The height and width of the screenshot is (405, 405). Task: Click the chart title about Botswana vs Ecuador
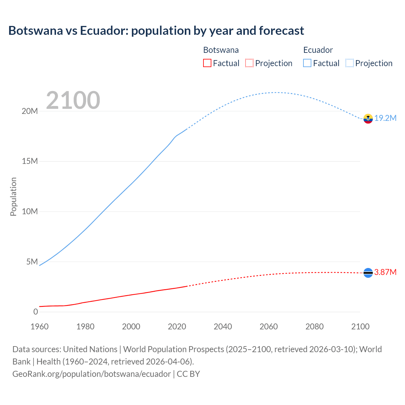[x=156, y=31]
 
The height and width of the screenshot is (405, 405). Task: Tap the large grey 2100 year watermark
[x=73, y=100]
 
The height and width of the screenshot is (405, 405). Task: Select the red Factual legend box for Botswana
[x=207, y=63]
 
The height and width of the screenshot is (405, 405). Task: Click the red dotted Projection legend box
[x=249, y=63]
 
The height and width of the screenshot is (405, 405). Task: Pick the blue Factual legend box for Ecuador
[x=307, y=63]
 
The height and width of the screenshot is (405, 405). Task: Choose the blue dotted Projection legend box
[x=350, y=63]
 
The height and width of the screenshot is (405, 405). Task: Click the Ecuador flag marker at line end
[x=368, y=119]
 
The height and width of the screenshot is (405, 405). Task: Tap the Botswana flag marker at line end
[x=368, y=273]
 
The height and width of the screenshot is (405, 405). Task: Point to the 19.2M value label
[x=385, y=118]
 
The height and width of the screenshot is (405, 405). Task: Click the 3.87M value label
[x=385, y=272]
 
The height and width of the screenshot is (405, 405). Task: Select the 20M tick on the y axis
[x=30, y=111]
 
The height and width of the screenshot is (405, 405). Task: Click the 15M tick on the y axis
[x=30, y=161]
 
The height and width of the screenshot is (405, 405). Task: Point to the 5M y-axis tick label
[x=32, y=262]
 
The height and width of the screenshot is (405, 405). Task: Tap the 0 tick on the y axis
[x=35, y=312]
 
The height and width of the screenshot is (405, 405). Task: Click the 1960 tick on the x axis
[x=40, y=327]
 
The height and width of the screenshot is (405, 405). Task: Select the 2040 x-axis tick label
[x=223, y=327]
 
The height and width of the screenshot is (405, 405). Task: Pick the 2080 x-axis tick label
[x=315, y=327]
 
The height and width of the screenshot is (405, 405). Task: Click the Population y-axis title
[x=13, y=196]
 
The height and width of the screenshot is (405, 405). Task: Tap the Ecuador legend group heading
[x=318, y=50]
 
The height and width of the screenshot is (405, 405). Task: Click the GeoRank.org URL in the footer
[x=91, y=374]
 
